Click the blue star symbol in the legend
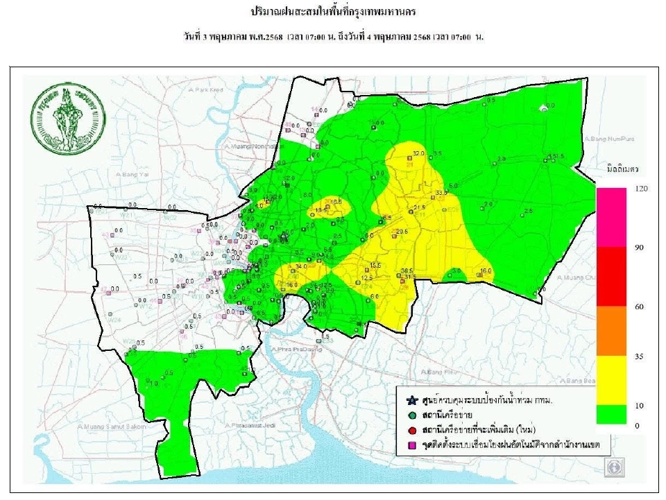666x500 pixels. point(412,401)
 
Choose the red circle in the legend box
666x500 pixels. point(412,428)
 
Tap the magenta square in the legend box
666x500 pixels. point(412,442)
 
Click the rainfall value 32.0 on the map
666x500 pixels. point(418,153)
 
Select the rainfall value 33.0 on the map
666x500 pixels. point(441,192)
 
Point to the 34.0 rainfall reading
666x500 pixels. point(301,266)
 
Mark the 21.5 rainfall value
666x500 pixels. point(419,207)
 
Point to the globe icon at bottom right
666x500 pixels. point(614,468)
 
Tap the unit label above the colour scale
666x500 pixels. point(622,169)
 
